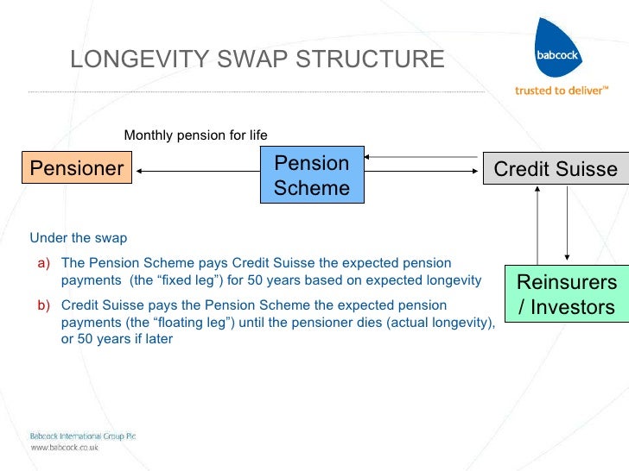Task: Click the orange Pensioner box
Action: pos(78,168)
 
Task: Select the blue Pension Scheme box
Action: pos(312,175)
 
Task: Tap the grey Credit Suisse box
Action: pos(555,169)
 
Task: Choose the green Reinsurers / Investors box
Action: pos(566,294)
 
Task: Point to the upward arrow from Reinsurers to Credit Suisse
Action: pos(538,224)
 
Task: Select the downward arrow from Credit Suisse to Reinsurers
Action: pos(567,224)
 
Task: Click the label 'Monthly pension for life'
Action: pos(196,135)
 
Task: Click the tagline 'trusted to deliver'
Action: pos(562,90)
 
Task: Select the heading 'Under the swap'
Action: pos(79,238)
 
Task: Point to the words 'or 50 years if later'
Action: pos(117,339)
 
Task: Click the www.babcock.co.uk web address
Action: pos(65,448)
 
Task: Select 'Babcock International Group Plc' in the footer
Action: pos(83,436)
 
